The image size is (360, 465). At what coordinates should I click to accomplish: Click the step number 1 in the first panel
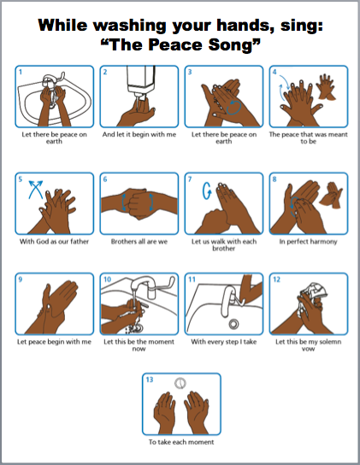click(x=21, y=72)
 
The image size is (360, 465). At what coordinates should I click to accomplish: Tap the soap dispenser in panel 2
click(x=141, y=80)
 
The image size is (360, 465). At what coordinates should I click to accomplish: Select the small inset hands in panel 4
click(x=326, y=86)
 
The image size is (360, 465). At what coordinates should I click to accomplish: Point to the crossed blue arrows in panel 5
click(x=36, y=189)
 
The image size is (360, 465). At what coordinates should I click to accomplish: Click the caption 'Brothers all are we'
click(x=139, y=241)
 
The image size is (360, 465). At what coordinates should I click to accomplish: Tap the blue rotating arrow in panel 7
click(x=207, y=191)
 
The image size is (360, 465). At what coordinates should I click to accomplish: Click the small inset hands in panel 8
click(x=331, y=196)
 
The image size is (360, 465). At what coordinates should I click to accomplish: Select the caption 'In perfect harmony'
click(x=308, y=242)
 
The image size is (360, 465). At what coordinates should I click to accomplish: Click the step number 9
click(x=21, y=280)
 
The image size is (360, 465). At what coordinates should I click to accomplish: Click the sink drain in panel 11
click(x=233, y=324)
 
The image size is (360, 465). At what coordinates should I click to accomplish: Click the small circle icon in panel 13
click(x=180, y=383)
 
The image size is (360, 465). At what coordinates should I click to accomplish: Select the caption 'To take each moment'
click(x=181, y=442)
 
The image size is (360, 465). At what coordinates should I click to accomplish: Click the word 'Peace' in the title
click(x=175, y=44)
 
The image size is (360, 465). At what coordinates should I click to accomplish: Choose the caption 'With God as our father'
click(x=55, y=241)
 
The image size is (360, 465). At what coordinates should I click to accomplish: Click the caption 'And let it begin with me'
click(x=139, y=134)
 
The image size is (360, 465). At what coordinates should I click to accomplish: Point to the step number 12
click(x=276, y=280)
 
